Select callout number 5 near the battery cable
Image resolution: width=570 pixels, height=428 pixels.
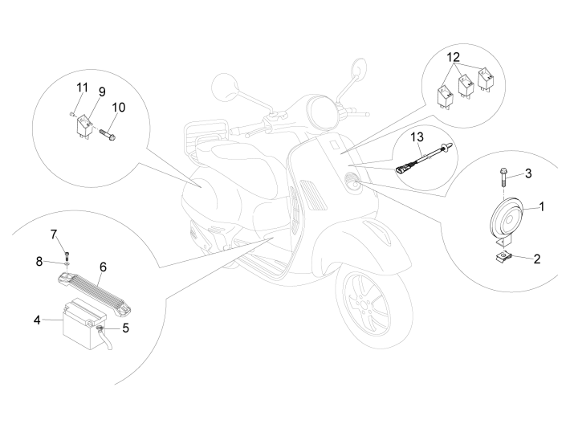(x=55, y=234)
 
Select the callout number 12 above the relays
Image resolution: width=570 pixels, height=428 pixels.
(x=453, y=59)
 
